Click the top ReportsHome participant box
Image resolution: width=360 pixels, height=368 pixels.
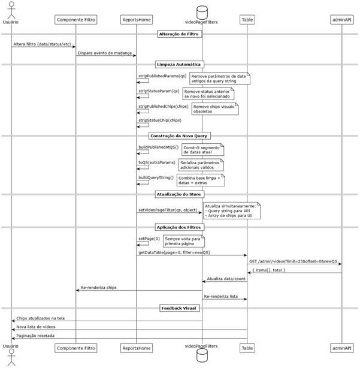point(136,20)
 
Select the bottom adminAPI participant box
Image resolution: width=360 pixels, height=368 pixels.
point(341,347)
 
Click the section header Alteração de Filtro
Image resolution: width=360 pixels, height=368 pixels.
point(180,34)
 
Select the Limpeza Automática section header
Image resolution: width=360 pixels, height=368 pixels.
point(180,64)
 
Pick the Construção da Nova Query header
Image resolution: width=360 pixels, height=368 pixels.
point(180,136)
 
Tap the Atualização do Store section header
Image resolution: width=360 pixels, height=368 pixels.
point(180,195)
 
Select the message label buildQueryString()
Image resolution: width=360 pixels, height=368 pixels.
point(156,177)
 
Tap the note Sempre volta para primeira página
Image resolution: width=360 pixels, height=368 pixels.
point(184,242)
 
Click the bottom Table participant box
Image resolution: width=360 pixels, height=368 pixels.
point(247,347)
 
